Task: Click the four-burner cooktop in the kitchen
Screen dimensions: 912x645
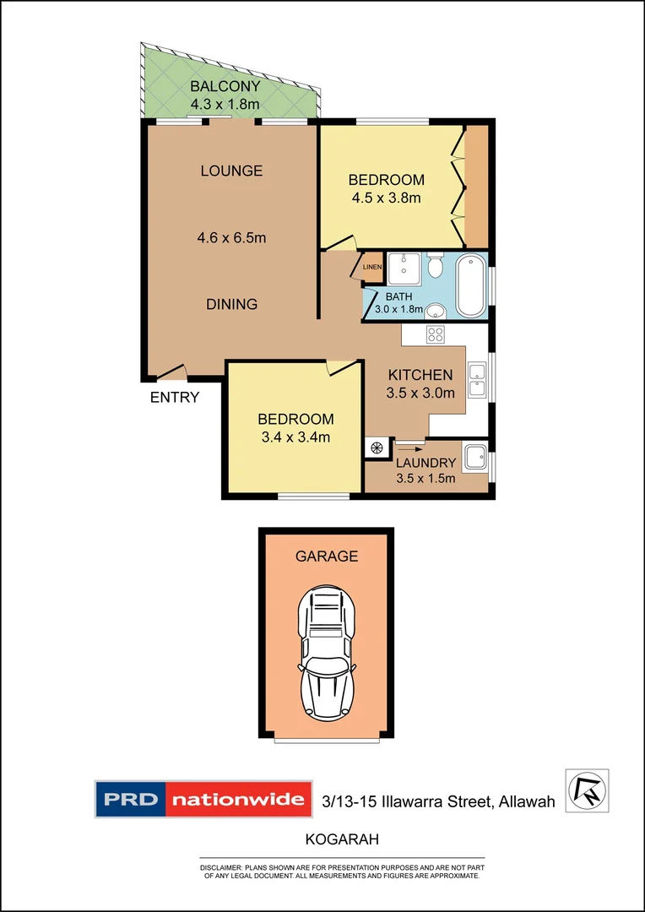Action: click(436, 334)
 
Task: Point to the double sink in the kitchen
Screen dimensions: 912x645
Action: click(477, 379)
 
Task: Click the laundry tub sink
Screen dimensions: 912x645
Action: click(474, 456)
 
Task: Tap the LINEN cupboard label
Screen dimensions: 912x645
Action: click(372, 268)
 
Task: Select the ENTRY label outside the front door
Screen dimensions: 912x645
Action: click(175, 398)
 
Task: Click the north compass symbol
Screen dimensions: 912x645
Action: click(586, 790)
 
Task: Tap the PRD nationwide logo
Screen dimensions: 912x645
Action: click(200, 800)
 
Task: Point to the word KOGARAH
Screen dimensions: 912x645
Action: click(341, 840)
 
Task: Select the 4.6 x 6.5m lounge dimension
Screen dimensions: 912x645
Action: click(231, 238)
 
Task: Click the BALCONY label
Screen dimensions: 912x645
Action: click(225, 86)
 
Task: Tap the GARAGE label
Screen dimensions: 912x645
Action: click(326, 556)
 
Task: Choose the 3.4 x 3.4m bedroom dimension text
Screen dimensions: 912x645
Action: click(295, 437)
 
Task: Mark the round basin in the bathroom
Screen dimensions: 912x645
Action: click(436, 309)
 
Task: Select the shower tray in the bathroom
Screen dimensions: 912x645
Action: click(403, 269)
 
